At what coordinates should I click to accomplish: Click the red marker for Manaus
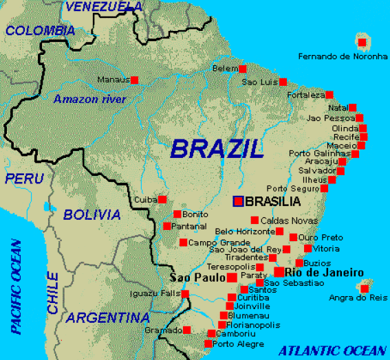click(x=134, y=80)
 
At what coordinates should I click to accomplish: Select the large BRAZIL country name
click(x=217, y=148)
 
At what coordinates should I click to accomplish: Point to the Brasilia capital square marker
click(x=238, y=201)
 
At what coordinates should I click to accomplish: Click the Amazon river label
click(x=89, y=100)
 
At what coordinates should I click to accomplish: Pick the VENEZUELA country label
click(x=102, y=7)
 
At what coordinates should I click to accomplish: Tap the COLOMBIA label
click(x=39, y=30)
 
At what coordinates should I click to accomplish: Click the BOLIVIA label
click(x=91, y=215)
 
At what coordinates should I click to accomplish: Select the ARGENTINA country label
click(x=108, y=318)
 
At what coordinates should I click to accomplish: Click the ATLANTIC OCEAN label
click(x=329, y=349)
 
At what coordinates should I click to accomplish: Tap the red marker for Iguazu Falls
click(x=186, y=294)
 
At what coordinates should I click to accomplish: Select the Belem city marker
click(x=243, y=69)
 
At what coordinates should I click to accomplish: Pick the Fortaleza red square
click(x=329, y=95)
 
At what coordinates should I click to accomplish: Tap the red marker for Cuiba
click(x=162, y=199)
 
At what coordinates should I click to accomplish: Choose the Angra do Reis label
click(x=359, y=297)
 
